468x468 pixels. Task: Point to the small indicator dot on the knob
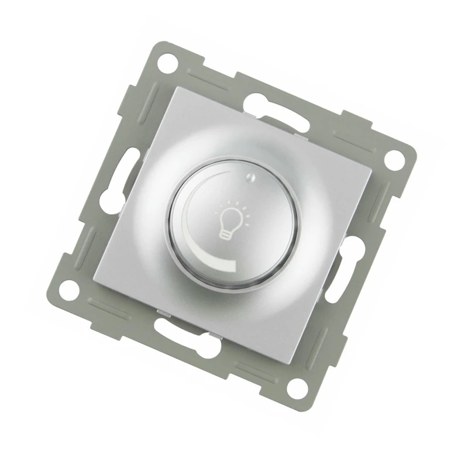(x=250, y=179)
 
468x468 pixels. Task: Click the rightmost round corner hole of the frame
(x=395, y=158)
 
